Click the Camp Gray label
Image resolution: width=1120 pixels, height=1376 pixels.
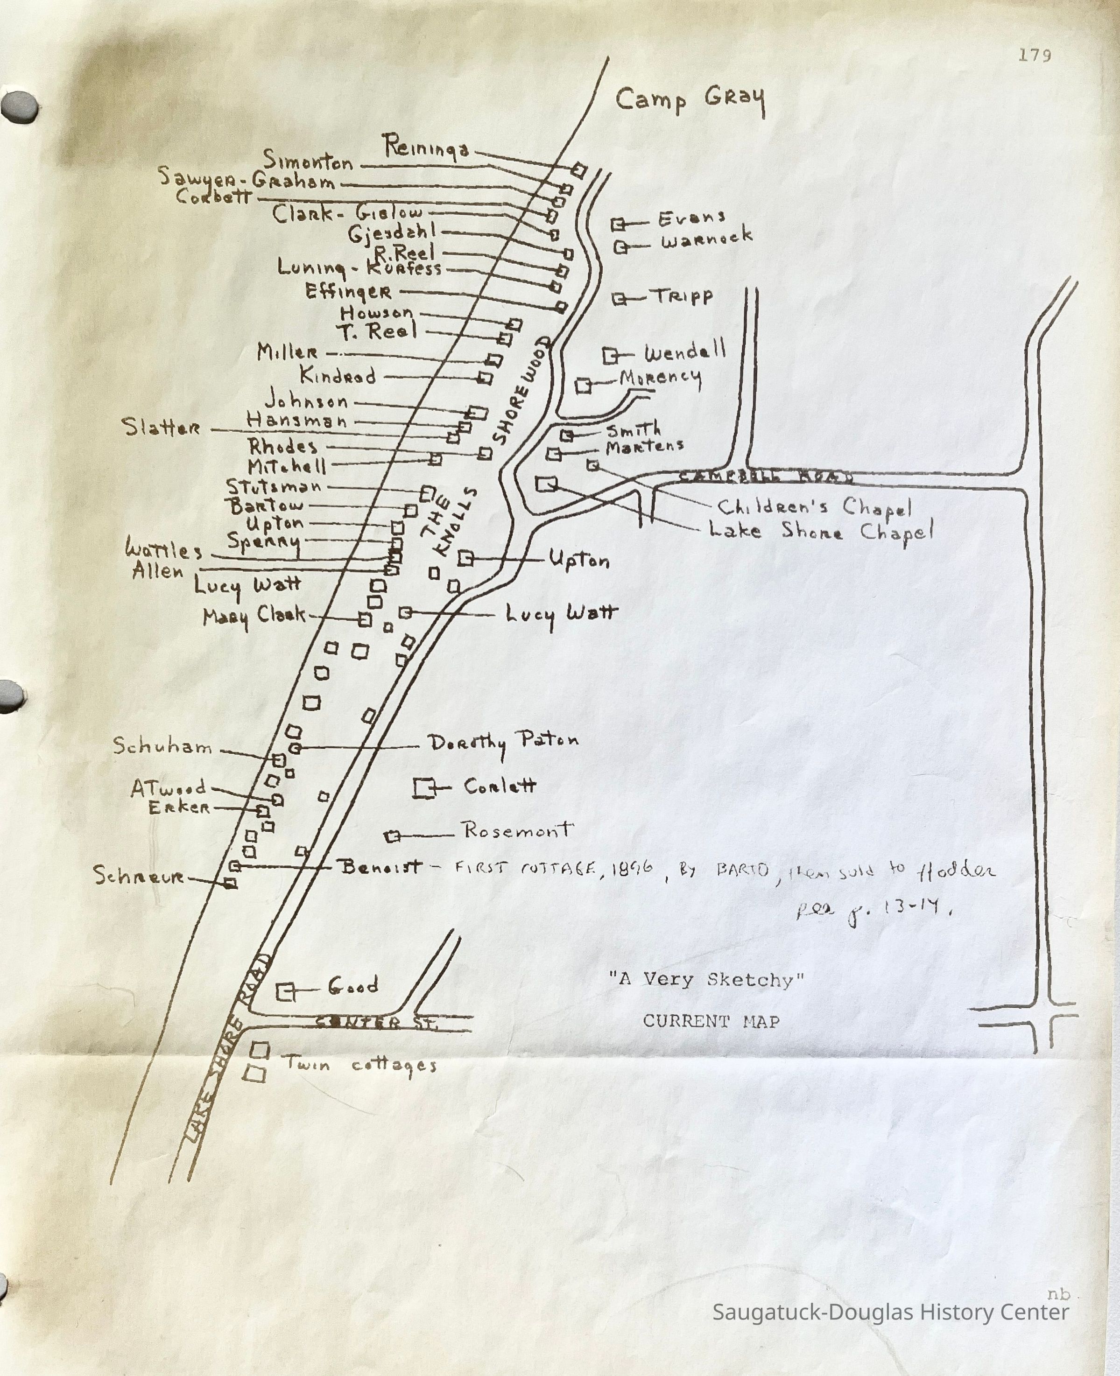(x=690, y=101)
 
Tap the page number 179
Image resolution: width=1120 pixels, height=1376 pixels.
(x=1035, y=56)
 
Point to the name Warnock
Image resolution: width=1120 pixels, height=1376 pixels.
(x=706, y=239)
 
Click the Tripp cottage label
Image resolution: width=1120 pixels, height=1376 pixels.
(x=684, y=297)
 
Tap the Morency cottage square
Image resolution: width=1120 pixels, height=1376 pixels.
(x=583, y=386)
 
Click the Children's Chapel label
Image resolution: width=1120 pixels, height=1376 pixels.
(x=814, y=508)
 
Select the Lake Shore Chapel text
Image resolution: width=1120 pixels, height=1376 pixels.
(x=821, y=532)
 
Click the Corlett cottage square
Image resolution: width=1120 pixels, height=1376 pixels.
(x=423, y=788)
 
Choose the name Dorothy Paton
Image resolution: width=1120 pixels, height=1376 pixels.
(x=503, y=743)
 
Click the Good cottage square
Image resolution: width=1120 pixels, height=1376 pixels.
(x=285, y=992)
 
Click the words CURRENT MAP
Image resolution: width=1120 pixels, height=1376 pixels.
(x=711, y=1022)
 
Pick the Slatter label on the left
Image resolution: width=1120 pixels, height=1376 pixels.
(x=161, y=427)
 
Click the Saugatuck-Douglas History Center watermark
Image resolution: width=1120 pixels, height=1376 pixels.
(x=890, y=1312)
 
